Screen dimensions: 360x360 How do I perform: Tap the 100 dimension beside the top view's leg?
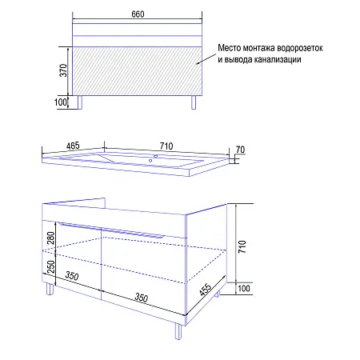click(61, 102)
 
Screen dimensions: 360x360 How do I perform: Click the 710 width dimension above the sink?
click(166, 145)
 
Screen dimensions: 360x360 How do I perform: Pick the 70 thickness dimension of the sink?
click(240, 150)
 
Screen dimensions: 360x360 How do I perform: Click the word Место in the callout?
click(230, 48)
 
